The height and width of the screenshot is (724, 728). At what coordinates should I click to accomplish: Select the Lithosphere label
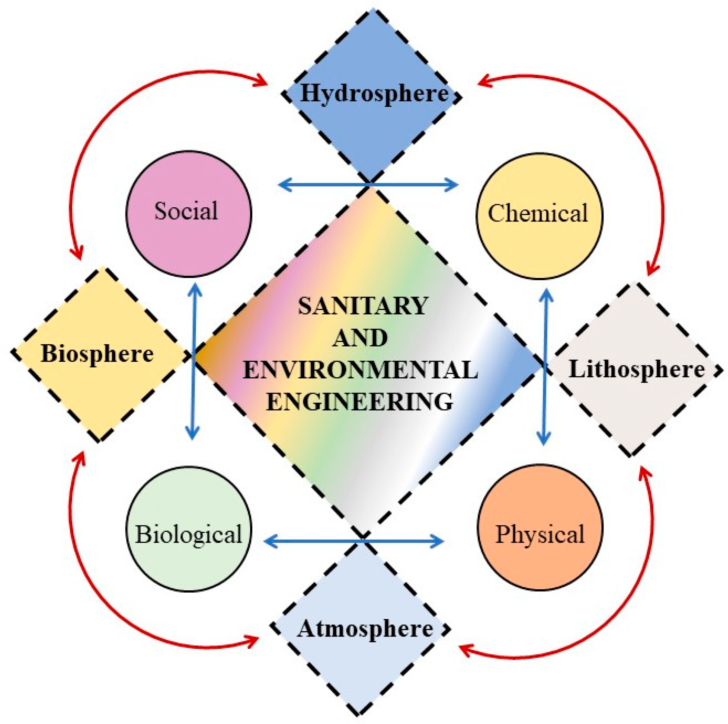coord(637,369)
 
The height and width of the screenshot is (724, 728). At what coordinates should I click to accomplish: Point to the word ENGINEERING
coord(359,401)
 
